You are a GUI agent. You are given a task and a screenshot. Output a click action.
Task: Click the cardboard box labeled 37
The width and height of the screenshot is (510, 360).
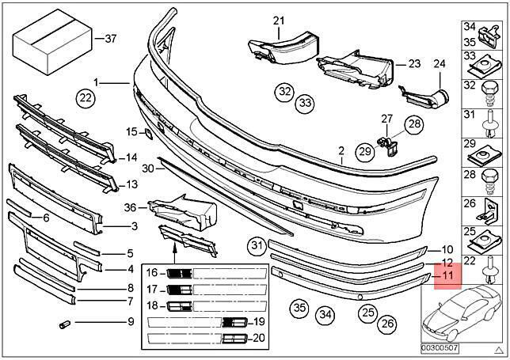point(52,42)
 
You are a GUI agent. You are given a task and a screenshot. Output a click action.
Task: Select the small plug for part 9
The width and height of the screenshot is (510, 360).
point(65,324)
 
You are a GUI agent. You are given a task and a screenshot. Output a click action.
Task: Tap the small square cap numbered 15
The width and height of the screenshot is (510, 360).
point(148,133)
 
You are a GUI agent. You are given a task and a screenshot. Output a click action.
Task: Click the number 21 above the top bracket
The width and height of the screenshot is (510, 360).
point(279,21)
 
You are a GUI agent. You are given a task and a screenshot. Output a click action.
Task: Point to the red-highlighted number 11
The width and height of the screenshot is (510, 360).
point(447,275)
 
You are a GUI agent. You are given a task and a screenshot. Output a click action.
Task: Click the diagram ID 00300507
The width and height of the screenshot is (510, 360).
point(440,348)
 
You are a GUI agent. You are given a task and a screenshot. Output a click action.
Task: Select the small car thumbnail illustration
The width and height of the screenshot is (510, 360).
point(461,311)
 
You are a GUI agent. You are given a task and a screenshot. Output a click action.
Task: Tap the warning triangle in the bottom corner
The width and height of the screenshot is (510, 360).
point(499,350)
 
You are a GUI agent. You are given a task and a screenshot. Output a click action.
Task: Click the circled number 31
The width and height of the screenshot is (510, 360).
point(257,245)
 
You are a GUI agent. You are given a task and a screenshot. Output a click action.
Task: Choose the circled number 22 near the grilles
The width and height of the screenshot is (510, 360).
point(86,97)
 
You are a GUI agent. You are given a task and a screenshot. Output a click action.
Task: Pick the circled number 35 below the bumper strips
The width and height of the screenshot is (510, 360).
point(299,307)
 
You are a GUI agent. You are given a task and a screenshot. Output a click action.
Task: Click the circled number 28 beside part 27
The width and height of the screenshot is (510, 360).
point(414,123)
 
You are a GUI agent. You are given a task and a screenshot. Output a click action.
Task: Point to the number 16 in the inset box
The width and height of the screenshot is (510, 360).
point(152,272)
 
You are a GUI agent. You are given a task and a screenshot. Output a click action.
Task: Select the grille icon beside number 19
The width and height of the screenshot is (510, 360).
point(234,322)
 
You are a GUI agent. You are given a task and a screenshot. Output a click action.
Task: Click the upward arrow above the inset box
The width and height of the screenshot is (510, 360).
point(174,253)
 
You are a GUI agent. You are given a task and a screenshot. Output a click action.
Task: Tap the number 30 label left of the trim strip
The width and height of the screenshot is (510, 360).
point(148,169)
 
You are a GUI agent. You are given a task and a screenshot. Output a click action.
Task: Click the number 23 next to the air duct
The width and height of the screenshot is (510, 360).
point(414,63)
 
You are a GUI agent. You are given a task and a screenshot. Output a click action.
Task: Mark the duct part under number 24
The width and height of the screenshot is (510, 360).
point(424,97)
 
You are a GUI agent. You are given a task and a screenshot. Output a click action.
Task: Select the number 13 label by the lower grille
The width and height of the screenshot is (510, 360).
point(131,184)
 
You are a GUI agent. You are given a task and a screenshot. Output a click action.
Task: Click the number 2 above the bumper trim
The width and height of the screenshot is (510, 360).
point(341,151)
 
